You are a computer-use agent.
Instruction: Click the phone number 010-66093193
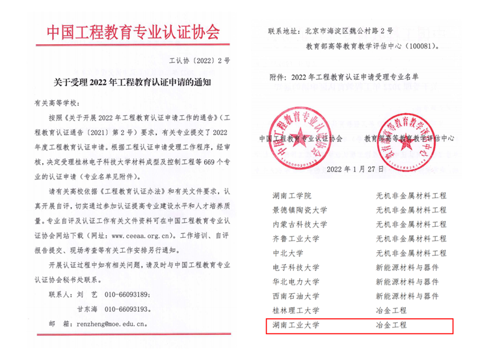click(127, 308)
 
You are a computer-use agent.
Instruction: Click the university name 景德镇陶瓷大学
click(300, 210)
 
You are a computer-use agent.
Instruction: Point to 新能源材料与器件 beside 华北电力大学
click(407, 281)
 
